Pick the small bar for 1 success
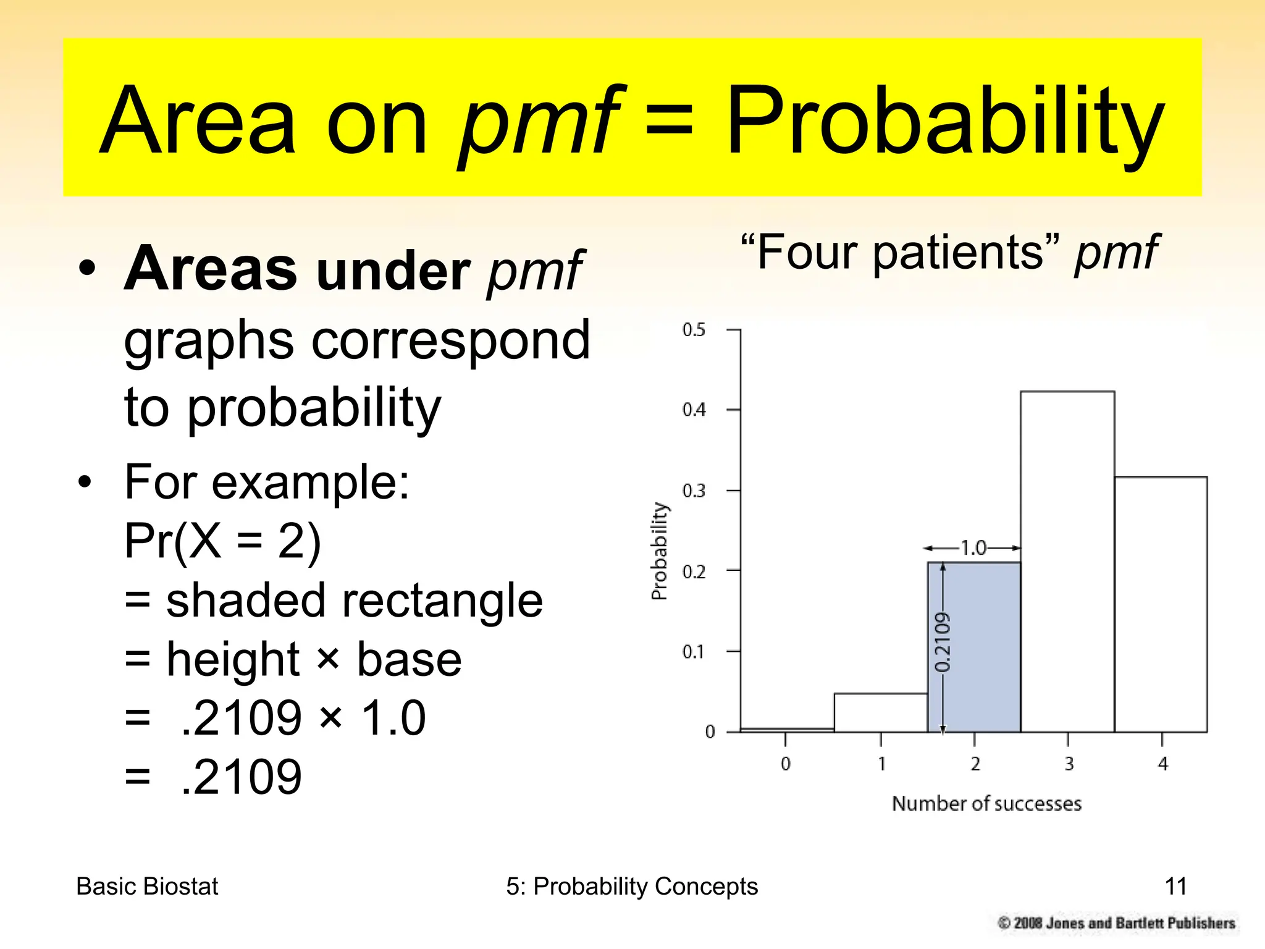click(880, 712)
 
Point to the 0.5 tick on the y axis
click(693, 330)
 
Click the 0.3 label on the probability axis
click(693, 491)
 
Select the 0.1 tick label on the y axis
click(693, 652)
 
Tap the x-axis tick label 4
click(1162, 764)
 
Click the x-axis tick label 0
click(785, 764)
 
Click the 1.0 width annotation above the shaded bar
click(973, 547)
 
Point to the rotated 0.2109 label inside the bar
click(943, 643)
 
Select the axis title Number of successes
click(986, 803)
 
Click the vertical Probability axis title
click(660, 550)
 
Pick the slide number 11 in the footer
click(1175, 886)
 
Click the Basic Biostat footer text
click(147, 886)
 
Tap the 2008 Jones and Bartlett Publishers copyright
click(1116, 923)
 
